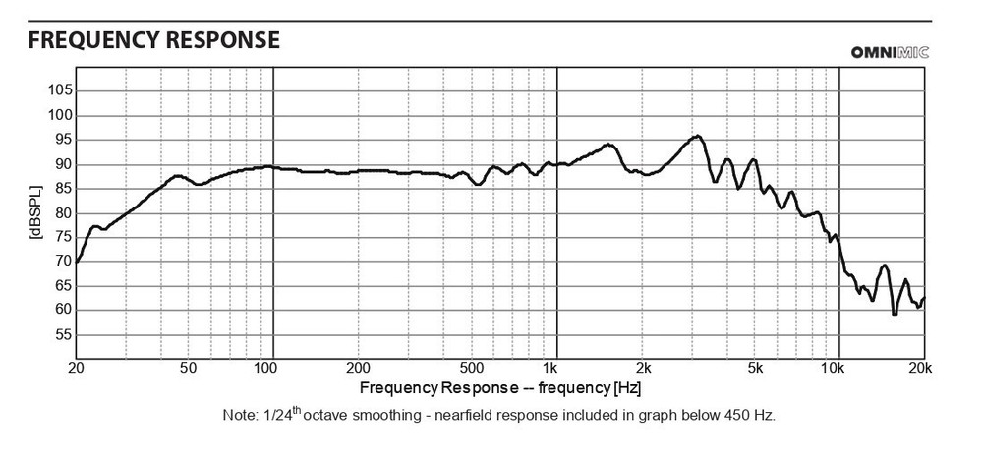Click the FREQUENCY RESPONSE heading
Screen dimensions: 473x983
coord(154,40)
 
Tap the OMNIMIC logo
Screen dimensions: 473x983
coord(890,52)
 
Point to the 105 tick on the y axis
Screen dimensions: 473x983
coord(60,90)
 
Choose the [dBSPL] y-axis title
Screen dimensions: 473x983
coord(34,212)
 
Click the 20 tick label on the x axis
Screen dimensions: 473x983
coord(76,369)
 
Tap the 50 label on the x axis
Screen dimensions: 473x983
coord(189,369)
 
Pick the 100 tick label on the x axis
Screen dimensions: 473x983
coord(266,369)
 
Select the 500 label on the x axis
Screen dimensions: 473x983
coord(473,369)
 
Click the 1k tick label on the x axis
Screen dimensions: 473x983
coord(557,369)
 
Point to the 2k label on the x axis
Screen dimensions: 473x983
coord(643,369)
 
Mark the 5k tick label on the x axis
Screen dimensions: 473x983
coord(755,369)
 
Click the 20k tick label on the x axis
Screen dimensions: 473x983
coord(921,369)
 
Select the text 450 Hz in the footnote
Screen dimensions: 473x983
coord(751,415)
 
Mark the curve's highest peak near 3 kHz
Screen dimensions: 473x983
coord(697,136)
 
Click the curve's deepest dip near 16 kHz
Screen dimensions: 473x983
coord(895,314)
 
